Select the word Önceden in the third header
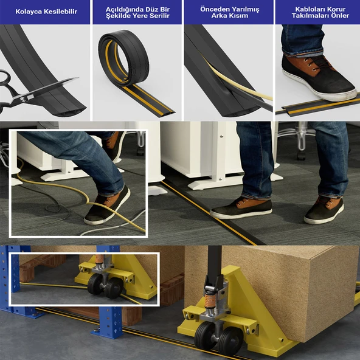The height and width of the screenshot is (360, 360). [x=214, y=9]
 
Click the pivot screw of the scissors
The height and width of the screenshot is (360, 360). [x=22, y=99]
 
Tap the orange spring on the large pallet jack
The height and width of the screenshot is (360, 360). [x=210, y=301]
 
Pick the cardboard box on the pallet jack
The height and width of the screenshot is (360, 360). [x=271, y=291]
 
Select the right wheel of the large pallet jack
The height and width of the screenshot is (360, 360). [x=230, y=341]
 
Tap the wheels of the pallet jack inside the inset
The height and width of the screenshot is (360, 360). [x=105, y=286]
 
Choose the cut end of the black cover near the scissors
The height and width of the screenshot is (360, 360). [x=69, y=111]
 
